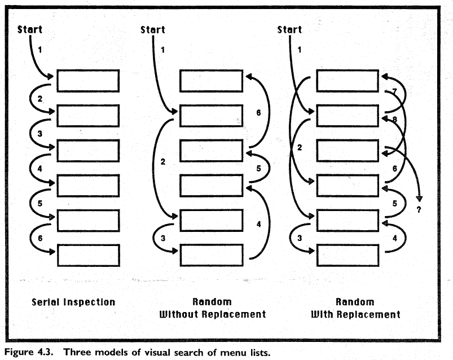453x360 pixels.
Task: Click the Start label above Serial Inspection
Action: [x=30, y=29]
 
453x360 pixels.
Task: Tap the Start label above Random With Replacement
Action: [x=289, y=29]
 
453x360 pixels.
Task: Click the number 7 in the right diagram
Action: [x=394, y=92]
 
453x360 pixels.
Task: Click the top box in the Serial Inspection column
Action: [x=88, y=81]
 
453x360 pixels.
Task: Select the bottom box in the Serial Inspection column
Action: [x=88, y=255]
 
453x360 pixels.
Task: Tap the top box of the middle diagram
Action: [x=210, y=81]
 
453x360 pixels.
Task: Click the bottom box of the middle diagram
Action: [x=210, y=255]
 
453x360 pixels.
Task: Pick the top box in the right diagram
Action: [x=347, y=81]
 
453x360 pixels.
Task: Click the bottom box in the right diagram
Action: [x=347, y=255]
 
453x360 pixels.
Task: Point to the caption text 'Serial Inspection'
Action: [x=73, y=302]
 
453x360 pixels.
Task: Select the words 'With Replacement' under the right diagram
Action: [x=355, y=314]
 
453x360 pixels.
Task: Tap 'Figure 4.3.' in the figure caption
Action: [x=29, y=352]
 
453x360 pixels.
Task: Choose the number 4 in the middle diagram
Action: [x=258, y=224]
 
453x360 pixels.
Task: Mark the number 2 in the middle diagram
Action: [x=162, y=162]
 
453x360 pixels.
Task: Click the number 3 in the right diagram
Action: [x=300, y=238]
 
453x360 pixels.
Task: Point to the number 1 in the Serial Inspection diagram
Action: [x=39, y=50]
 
